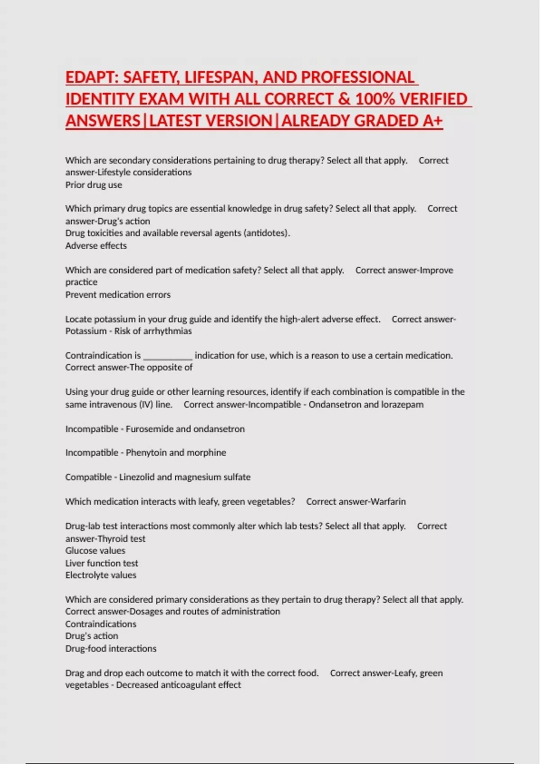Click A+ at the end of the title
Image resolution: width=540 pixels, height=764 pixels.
pos(432,121)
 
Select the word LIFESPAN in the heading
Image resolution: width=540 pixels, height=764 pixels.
pos(221,77)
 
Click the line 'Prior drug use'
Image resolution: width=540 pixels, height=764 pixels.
pos(94,185)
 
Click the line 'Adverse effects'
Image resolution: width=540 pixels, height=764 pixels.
pos(96,245)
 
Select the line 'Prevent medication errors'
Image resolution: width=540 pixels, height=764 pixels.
pos(118,294)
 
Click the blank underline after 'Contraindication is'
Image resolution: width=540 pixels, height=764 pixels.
pos(168,356)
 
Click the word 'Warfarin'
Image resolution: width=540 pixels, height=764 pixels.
pos(388,501)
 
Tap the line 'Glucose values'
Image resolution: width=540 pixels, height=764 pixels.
pos(95,551)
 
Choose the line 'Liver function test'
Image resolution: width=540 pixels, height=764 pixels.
pos(102,563)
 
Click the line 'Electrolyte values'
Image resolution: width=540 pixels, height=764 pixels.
pos(101,575)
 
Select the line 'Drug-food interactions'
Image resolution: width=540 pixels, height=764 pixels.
pos(111,648)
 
